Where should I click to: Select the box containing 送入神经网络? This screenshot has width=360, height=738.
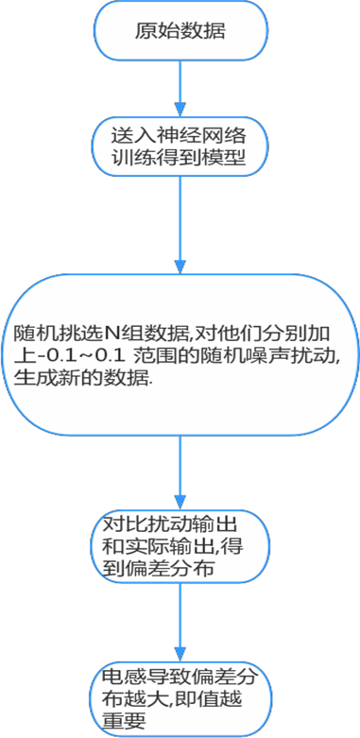pyautogui.click(x=180, y=147)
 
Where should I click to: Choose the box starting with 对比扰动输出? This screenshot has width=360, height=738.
pyautogui.click(x=180, y=546)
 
